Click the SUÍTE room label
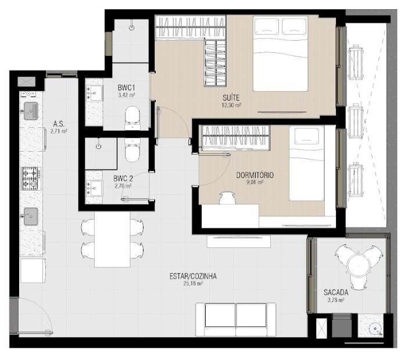coord(231,98)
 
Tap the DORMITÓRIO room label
coord(255,175)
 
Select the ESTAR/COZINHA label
coord(193,276)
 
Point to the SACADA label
coord(336,293)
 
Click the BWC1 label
coord(126,87)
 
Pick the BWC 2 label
coord(123,179)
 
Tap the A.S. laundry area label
coord(59,123)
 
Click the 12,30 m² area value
coord(231,105)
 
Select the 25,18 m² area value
coord(193,283)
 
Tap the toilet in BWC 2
coord(133,150)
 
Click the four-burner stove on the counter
coord(31,179)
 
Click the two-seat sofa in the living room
coord(236,319)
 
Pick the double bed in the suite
coord(280,54)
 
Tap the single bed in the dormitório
coord(306,163)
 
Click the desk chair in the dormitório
coord(227,198)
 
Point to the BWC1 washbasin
coord(94,92)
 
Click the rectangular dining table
coord(112,239)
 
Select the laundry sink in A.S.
coord(31,111)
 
